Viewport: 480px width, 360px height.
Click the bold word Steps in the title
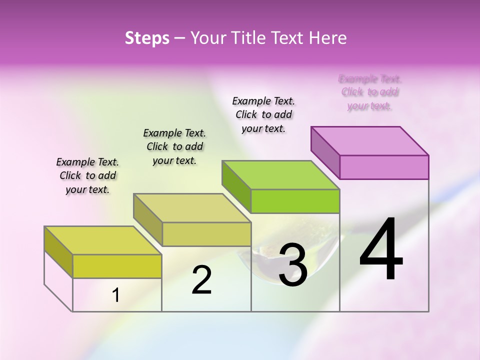[x=147, y=38]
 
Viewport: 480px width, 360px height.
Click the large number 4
[x=381, y=250]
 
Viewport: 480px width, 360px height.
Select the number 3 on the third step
[x=292, y=265]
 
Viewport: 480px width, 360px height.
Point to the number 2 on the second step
[x=201, y=280]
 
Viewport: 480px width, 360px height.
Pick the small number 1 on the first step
[x=115, y=295]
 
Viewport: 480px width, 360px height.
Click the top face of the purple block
[x=370, y=140]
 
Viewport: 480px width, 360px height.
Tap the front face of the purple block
[x=384, y=167]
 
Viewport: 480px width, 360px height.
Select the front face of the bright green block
[x=295, y=201]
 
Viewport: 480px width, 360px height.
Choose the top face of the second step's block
[x=192, y=208]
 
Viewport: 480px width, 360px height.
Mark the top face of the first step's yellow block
[x=103, y=240]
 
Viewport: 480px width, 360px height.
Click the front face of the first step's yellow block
[x=117, y=266]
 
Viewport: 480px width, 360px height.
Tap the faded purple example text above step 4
[x=370, y=92]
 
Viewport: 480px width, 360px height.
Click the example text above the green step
[x=263, y=114]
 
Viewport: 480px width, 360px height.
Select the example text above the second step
[x=174, y=146]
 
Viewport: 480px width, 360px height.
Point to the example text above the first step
[x=87, y=175]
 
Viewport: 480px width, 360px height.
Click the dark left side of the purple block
[x=325, y=152]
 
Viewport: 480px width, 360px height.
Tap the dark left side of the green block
[x=236, y=186]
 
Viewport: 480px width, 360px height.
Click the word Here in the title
[x=330, y=38]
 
